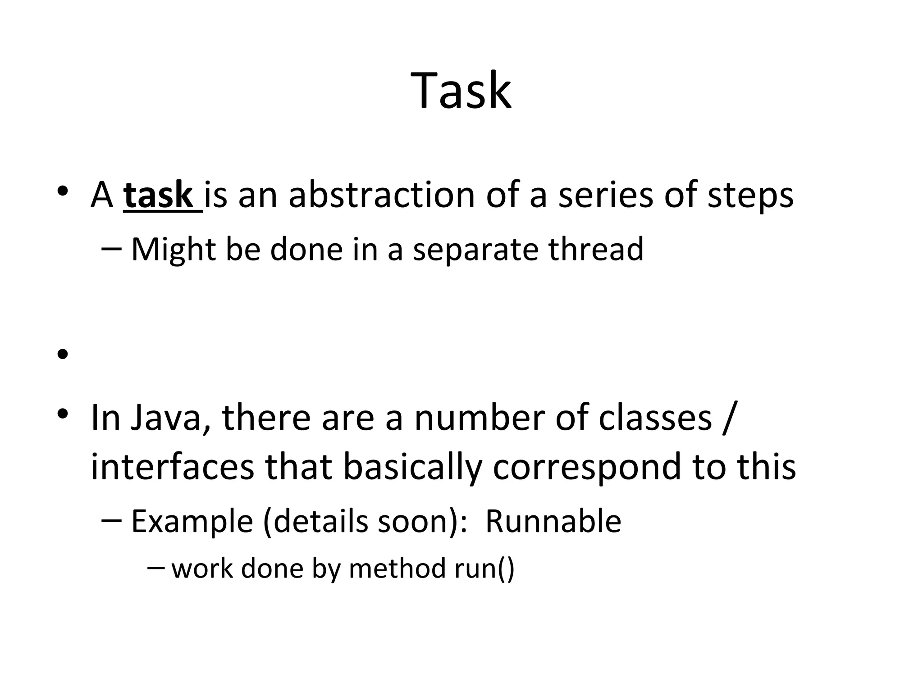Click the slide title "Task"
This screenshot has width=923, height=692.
tap(461, 91)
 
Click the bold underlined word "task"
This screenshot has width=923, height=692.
tap(158, 195)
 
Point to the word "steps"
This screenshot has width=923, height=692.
tap(750, 196)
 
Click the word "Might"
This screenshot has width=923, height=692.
tap(174, 250)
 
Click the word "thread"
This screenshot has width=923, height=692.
tap(596, 249)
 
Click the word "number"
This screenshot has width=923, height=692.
tap(479, 418)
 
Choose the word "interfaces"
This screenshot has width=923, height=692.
tap(173, 467)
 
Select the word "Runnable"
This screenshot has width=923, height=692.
tap(553, 521)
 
